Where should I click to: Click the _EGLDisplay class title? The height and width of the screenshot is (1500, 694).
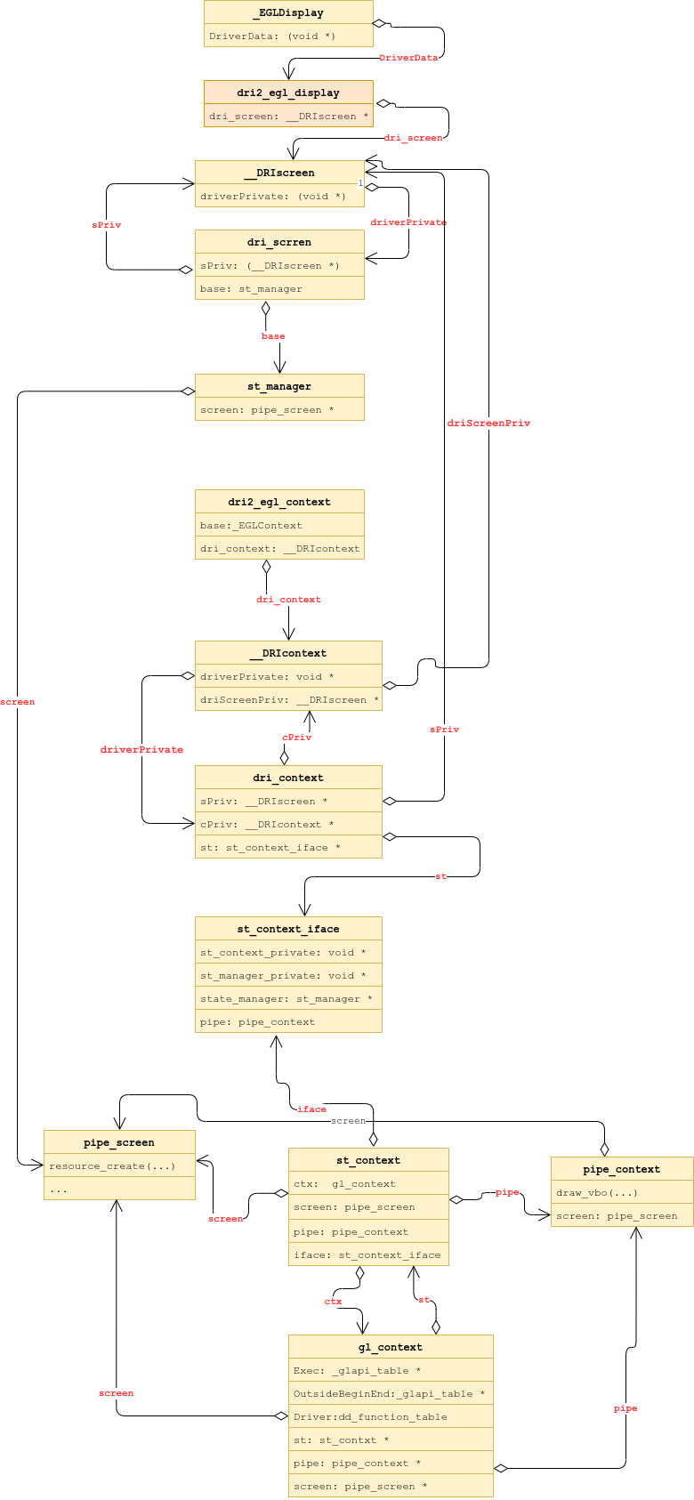click(288, 12)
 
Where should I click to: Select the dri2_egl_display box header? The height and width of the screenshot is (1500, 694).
click(288, 93)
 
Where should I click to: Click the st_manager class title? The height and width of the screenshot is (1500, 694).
click(279, 386)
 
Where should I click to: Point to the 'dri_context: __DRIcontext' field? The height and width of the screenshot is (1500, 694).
click(279, 548)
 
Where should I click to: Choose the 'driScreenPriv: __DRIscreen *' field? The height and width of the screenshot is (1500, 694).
click(288, 699)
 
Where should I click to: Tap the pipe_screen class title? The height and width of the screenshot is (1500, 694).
click(119, 1142)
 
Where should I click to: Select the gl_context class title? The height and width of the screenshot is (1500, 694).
click(391, 1347)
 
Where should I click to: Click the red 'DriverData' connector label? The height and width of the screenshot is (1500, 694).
click(408, 58)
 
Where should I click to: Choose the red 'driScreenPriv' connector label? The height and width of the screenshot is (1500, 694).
click(488, 423)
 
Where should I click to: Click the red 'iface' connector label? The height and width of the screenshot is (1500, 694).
click(311, 1109)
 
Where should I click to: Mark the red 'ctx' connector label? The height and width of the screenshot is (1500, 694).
click(333, 1302)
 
